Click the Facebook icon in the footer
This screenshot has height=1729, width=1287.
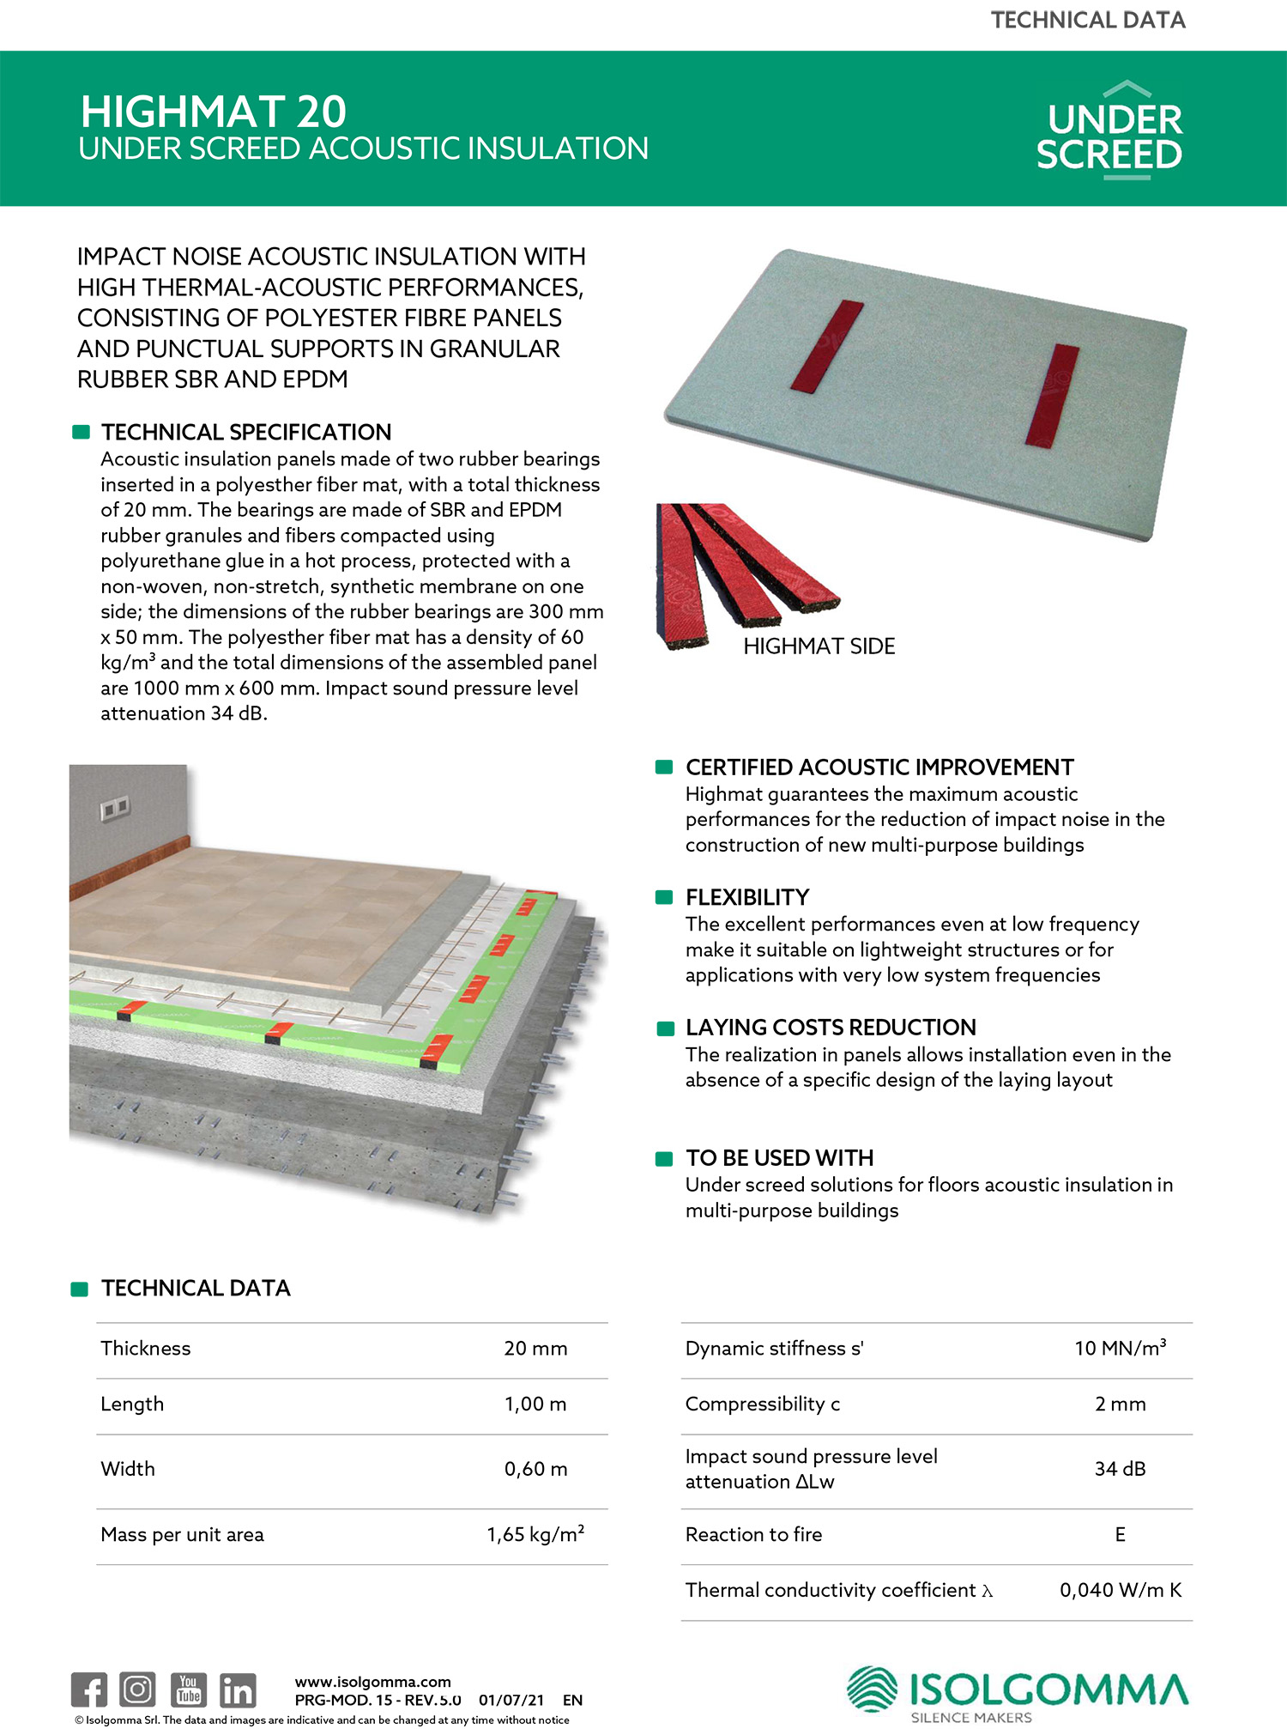(89, 1690)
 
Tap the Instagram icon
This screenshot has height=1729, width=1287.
(137, 1690)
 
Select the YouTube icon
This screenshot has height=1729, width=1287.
(188, 1690)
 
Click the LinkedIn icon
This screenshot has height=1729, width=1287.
(238, 1690)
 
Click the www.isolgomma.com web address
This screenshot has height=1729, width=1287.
(372, 1682)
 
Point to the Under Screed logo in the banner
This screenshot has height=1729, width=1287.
(1109, 131)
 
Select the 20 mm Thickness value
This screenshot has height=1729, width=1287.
(535, 1349)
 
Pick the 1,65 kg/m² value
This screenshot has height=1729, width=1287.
(535, 1534)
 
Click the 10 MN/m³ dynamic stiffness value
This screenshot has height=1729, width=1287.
(1120, 1348)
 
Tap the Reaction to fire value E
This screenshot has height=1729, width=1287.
(1120, 1534)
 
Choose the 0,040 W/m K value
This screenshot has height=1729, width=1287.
(1120, 1591)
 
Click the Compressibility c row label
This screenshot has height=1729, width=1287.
(762, 1404)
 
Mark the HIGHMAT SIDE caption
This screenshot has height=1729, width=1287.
(819, 646)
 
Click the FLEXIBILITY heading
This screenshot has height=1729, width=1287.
(746, 898)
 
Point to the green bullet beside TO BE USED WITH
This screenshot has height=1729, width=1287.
(664, 1159)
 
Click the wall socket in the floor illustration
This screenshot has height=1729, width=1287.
(114, 808)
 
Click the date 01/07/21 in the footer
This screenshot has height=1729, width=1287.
(511, 1700)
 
